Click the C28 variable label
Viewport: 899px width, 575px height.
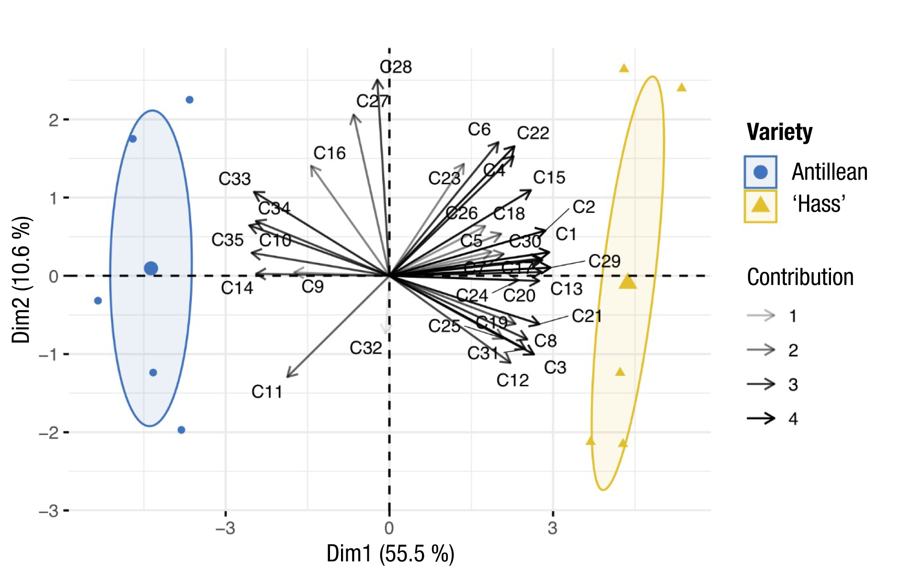tap(396, 67)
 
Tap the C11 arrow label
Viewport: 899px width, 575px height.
tap(267, 392)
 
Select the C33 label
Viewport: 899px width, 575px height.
tap(235, 179)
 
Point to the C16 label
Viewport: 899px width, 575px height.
tap(330, 153)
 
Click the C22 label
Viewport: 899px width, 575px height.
tap(533, 133)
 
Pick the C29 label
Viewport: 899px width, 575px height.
tap(604, 261)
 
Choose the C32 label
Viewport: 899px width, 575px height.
tap(366, 348)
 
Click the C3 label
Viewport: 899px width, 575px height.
tap(555, 368)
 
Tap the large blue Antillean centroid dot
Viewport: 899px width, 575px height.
tap(151, 268)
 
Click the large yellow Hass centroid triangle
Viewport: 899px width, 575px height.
tap(627, 282)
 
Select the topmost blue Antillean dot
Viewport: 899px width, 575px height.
tap(190, 100)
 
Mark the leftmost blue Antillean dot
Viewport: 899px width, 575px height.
tap(98, 301)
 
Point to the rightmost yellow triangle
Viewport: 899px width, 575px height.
tap(682, 87)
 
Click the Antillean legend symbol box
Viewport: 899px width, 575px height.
tap(760, 172)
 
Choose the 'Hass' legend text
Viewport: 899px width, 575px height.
tap(819, 204)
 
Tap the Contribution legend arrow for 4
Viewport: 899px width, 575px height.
tap(761, 418)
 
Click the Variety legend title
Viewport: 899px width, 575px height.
tap(779, 132)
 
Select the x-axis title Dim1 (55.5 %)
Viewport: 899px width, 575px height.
tap(390, 553)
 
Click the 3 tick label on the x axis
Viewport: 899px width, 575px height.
tap(553, 529)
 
